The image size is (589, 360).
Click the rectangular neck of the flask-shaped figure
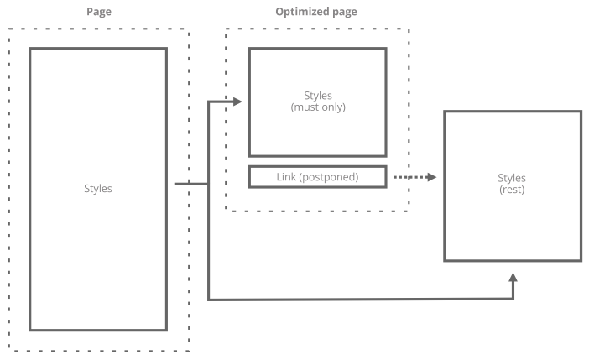[x=98, y=122]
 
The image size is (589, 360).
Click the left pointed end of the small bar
[x=270, y=176]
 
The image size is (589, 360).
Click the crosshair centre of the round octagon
[x=513, y=185]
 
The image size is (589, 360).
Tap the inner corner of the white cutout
[x=309, y=300]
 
